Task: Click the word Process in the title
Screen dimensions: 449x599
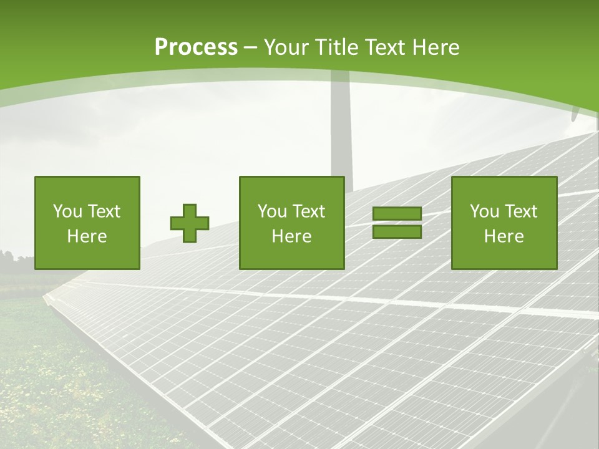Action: click(196, 47)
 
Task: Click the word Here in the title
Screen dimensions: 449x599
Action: click(436, 47)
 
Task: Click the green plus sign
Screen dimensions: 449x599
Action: click(190, 223)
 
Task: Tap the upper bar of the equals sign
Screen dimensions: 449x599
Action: click(397, 214)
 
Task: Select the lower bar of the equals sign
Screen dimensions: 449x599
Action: click(397, 232)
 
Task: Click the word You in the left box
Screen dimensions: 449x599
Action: click(67, 211)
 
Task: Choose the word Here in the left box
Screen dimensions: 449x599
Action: click(87, 236)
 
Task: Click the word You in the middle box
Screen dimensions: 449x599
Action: click(271, 211)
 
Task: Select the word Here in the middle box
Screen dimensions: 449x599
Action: click(291, 236)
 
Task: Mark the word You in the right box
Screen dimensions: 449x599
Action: click(484, 211)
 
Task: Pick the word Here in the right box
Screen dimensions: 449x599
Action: click(504, 236)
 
